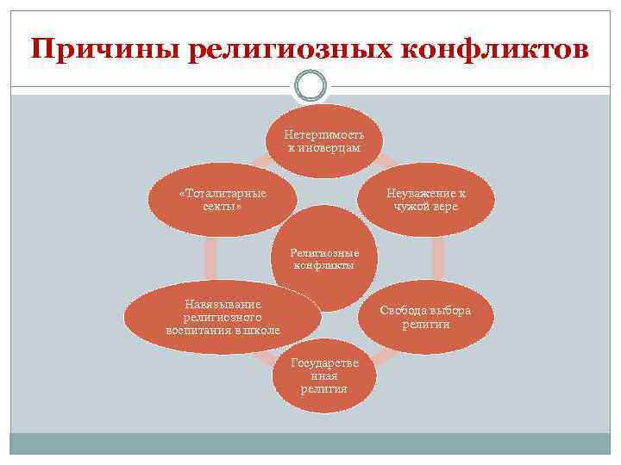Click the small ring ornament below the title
click(x=310, y=85)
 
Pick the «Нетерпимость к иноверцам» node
click(x=324, y=140)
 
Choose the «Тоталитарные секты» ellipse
click(x=222, y=201)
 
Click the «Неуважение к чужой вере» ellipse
click(x=426, y=200)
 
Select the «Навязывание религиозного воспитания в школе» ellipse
click(x=223, y=317)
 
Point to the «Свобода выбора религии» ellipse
click(x=426, y=317)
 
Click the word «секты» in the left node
click(x=222, y=208)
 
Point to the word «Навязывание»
click(x=223, y=304)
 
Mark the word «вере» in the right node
click(x=445, y=207)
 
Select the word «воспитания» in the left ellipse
click(x=199, y=330)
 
